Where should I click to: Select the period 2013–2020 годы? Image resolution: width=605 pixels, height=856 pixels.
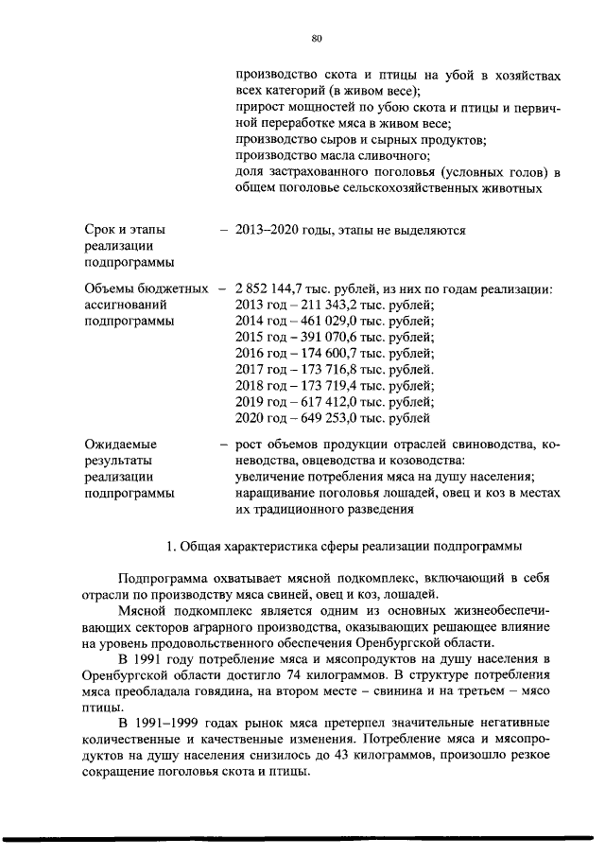pos(283,230)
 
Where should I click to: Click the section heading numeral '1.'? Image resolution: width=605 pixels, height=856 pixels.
pos(170,546)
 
